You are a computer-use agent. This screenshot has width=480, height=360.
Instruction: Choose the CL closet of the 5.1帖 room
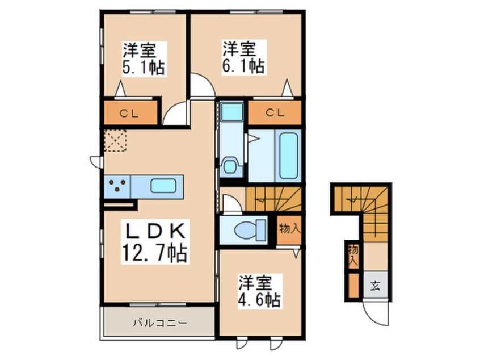(x=129, y=112)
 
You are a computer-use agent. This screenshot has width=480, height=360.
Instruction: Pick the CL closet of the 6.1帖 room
(x=275, y=112)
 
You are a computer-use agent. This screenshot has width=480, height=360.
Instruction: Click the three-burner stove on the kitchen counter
(x=117, y=185)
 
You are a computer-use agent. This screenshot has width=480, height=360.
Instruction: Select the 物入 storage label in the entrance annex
(x=353, y=255)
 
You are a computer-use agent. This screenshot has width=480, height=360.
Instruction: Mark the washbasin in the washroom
(x=230, y=167)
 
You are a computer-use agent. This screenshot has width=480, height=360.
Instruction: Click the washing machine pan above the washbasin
(x=231, y=111)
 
